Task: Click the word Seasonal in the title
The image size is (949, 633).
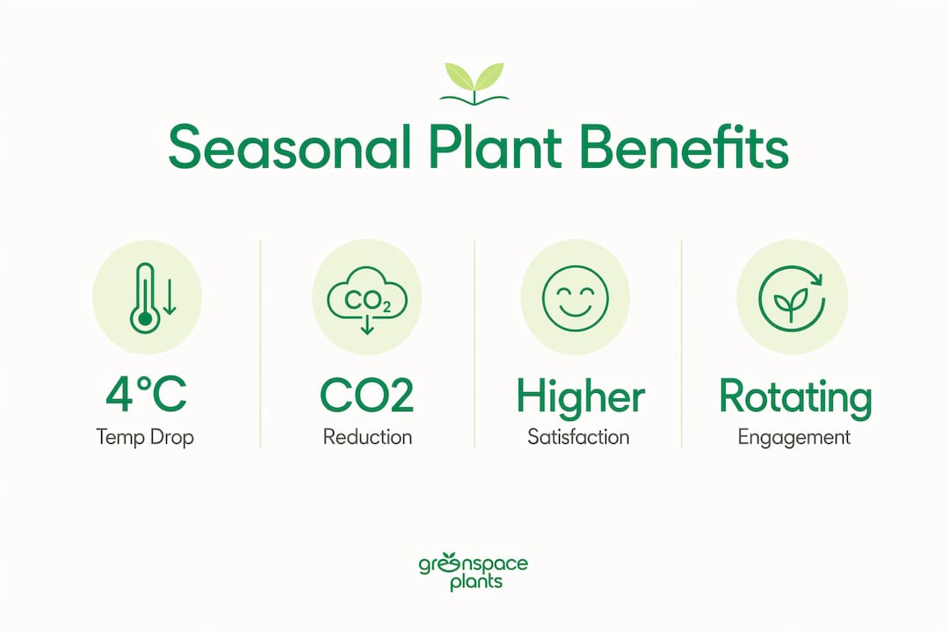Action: click(x=289, y=147)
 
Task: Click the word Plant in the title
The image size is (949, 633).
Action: click(x=495, y=147)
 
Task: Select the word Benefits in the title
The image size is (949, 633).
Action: click(x=684, y=147)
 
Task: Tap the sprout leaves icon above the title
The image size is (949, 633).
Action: click(x=474, y=84)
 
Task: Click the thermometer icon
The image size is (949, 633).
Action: click(x=145, y=298)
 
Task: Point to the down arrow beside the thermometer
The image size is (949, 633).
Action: click(x=170, y=297)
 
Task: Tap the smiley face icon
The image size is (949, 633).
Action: click(x=575, y=298)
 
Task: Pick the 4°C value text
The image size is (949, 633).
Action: click(x=146, y=395)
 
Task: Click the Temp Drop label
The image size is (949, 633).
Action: click(x=145, y=437)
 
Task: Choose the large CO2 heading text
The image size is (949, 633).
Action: click(x=366, y=396)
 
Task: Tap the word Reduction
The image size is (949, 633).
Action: click(x=367, y=437)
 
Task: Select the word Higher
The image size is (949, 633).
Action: click(x=581, y=397)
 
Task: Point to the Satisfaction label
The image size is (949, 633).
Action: click(x=578, y=437)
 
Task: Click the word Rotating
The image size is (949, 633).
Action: click(x=795, y=397)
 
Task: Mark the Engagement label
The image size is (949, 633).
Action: click(x=794, y=437)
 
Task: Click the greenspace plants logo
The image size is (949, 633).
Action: click(x=474, y=571)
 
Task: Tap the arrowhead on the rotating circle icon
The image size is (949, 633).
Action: click(x=817, y=280)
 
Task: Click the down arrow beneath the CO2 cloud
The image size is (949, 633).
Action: click(x=366, y=324)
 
